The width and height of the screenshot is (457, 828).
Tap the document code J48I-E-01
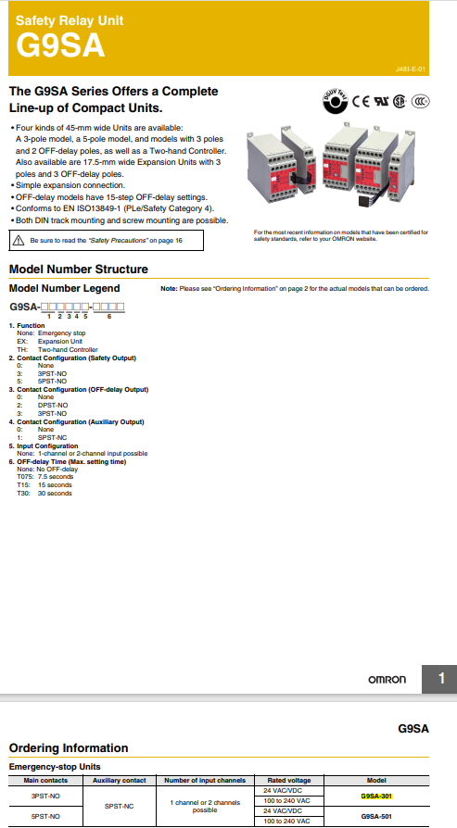click(409, 69)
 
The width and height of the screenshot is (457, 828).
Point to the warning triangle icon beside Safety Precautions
click(19, 240)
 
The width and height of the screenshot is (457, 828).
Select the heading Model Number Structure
click(78, 270)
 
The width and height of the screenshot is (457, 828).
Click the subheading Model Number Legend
click(64, 289)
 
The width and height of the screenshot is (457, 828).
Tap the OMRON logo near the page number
click(387, 680)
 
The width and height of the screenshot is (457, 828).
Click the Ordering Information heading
click(69, 747)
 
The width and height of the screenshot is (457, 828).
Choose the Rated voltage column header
click(288, 781)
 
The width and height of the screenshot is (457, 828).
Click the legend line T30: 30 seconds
click(44, 494)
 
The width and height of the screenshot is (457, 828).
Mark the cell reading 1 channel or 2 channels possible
click(205, 806)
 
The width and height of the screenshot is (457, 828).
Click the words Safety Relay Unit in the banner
click(70, 19)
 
